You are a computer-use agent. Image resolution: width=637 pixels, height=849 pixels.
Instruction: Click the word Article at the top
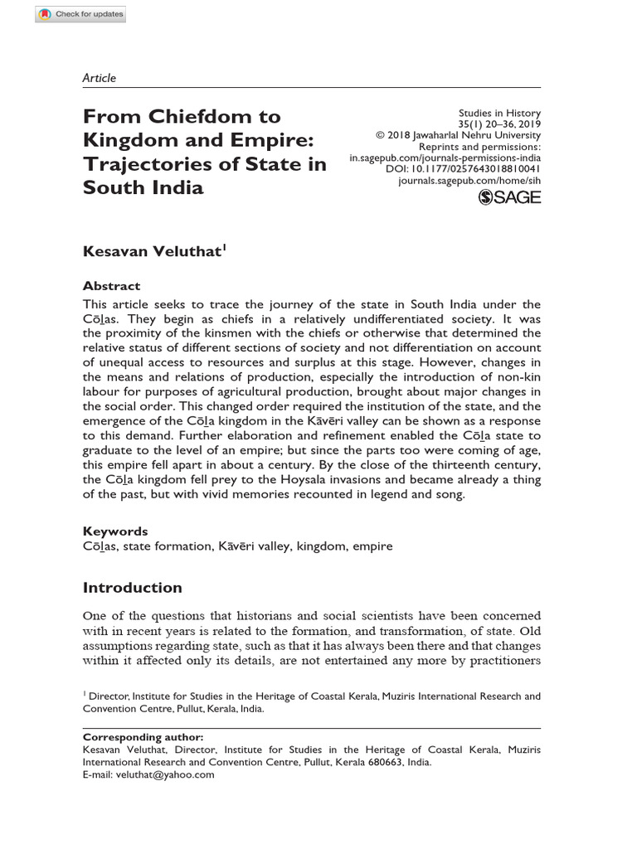tap(100, 78)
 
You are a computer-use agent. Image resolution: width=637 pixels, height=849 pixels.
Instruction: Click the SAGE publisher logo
tap(510, 196)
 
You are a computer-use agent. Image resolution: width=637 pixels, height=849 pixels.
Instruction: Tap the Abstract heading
tap(111, 285)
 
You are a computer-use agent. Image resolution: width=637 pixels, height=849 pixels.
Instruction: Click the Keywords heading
tap(115, 531)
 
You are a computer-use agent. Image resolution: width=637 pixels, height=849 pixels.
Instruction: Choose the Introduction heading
tap(133, 588)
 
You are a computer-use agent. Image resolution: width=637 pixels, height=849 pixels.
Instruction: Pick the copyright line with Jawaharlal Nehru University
tap(458, 134)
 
